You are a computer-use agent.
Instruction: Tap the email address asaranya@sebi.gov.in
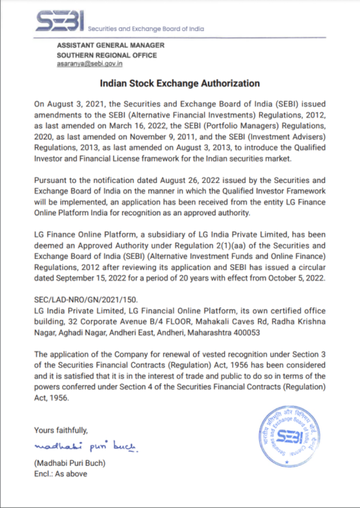tap(90, 64)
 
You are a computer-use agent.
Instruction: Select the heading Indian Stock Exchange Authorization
tap(180, 83)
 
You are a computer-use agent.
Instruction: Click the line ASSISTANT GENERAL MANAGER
tap(110, 46)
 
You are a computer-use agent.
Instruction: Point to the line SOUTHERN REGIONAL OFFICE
tap(107, 55)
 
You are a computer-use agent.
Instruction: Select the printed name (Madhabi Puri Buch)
tap(70, 463)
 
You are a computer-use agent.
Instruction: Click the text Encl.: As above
tap(60, 474)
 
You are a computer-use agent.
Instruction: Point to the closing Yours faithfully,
tap(61, 430)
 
